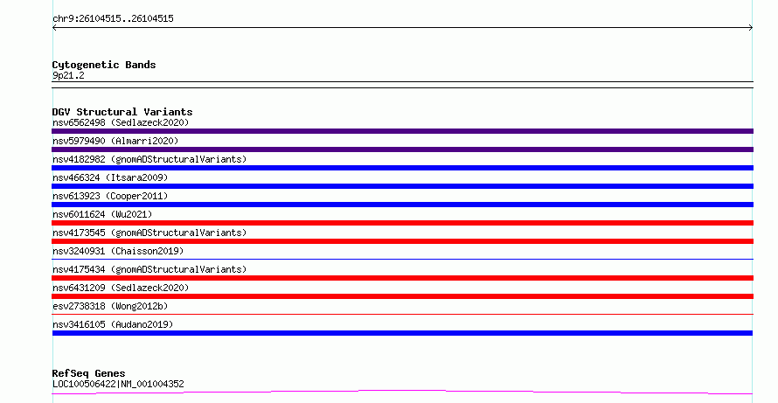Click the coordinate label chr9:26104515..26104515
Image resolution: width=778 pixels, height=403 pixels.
pos(113,19)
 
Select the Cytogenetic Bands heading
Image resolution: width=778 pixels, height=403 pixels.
pos(104,65)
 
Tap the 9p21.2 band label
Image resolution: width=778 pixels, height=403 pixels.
pos(68,75)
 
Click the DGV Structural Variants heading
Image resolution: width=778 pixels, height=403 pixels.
pos(122,112)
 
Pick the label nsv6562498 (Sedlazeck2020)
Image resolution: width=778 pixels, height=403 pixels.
pos(121,122)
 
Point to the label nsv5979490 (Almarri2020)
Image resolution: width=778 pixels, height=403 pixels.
pos(115,141)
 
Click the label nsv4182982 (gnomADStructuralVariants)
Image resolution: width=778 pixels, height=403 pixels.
pos(149,159)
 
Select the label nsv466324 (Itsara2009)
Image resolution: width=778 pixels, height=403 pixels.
pos(110,177)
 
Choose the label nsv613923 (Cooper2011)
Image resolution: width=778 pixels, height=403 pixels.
pos(110,196)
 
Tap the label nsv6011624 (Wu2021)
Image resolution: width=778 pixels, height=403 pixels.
pos(102,214)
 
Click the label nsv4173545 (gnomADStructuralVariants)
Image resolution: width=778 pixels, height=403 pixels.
pos(149,233)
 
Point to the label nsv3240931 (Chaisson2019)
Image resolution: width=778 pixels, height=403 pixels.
pos(118,251)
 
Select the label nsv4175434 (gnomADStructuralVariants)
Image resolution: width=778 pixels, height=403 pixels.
pos(149,269)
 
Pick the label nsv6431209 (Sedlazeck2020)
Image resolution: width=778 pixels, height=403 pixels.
pos(121,288)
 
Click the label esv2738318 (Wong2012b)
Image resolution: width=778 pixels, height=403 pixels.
pos(110,306)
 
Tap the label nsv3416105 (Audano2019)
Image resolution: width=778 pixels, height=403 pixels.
pos(113,324)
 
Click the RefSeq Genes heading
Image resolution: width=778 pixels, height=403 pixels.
pos(88,373)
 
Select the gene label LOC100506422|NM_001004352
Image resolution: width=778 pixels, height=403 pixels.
pos(118,384)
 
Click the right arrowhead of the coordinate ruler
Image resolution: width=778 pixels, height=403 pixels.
pos(752,28)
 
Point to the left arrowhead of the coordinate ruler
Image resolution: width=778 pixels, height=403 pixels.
pos(53,28)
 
